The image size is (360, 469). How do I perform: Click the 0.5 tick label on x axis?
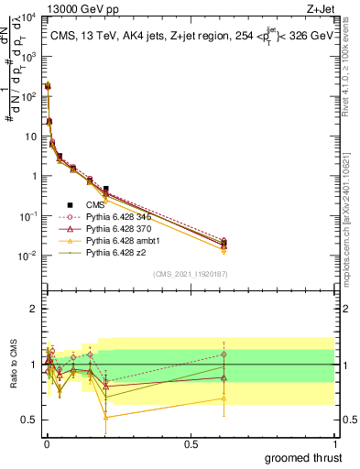190,444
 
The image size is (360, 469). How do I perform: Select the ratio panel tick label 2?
32,309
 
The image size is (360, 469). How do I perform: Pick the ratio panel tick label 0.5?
29,420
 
